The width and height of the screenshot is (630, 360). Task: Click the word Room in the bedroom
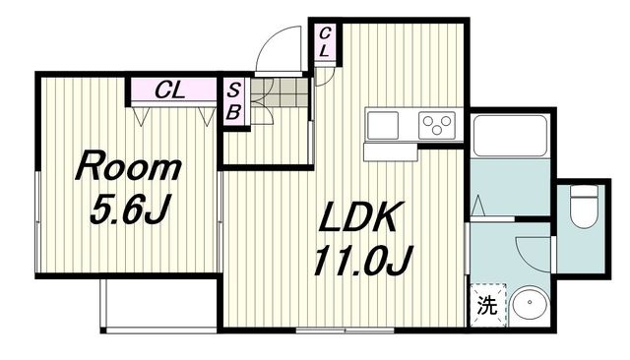coord(128,165)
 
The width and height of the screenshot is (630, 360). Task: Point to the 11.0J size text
coord(362,261)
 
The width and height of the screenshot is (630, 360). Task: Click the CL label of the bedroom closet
coord(169,90)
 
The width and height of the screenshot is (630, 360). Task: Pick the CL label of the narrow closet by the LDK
coord(325,41)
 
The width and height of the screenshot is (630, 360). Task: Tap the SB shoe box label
coord(233,101)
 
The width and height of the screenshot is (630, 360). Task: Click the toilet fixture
coord(584,207)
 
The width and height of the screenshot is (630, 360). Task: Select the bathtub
coord(511,136)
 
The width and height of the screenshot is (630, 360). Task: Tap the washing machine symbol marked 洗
coord(488,305)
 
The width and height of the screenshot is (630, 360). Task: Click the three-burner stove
coord(437,125)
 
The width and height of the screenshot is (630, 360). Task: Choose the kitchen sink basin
coord(383,125)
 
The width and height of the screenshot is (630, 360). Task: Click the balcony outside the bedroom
coord(158,304)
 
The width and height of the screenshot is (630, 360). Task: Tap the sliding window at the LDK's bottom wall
coord(345,330)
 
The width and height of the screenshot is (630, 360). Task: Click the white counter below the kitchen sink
coord(390,152)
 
